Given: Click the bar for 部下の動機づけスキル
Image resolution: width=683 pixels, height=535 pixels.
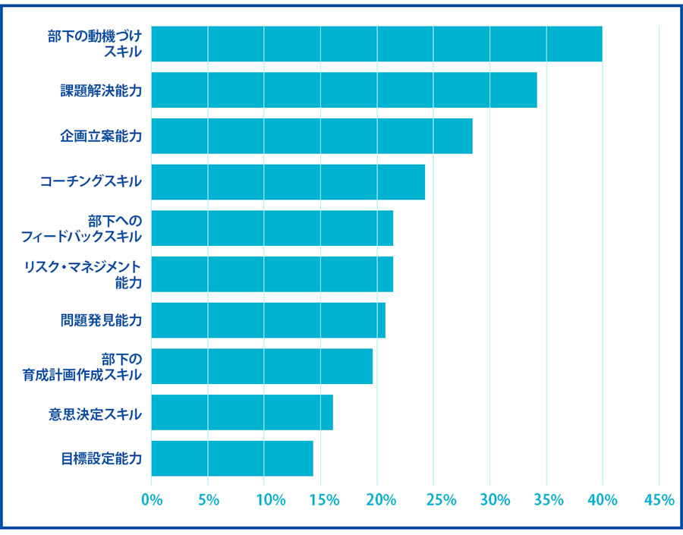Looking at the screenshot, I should coord(376,44).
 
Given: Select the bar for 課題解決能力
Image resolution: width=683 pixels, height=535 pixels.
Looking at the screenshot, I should coord(344,90).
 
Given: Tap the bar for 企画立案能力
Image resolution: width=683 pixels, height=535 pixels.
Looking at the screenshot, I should coord(312,136).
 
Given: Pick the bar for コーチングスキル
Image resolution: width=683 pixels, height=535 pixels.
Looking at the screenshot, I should coord(288,182).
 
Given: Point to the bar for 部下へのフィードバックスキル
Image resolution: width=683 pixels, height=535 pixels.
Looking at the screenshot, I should coord(272,228).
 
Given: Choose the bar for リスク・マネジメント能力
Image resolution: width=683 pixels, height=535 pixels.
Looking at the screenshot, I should coord(272,274).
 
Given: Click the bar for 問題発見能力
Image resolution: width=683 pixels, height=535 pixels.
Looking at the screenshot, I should coord(269,320).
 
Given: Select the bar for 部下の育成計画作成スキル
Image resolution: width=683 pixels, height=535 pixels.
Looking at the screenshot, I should coord(262,367).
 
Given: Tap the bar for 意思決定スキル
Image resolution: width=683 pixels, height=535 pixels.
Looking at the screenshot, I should coord(242,412).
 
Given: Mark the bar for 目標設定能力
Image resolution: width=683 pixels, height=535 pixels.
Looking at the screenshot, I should coord(232,458).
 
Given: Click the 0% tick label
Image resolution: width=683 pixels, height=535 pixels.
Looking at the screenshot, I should coord(152,499).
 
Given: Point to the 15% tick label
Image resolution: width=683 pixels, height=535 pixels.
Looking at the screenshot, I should coord(322,499).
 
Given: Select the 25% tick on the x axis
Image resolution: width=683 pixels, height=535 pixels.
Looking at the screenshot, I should coord(434,499).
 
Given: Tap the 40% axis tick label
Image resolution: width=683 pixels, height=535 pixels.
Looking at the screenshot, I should coord(603,499).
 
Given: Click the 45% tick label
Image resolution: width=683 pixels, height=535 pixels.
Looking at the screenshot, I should coord(659,499).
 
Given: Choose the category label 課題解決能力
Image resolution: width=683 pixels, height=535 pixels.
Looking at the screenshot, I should coord(102,90).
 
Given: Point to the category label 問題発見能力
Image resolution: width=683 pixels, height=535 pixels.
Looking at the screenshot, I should coord(102,320).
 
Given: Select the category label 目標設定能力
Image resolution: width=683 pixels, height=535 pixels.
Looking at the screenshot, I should coord(102,458).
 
